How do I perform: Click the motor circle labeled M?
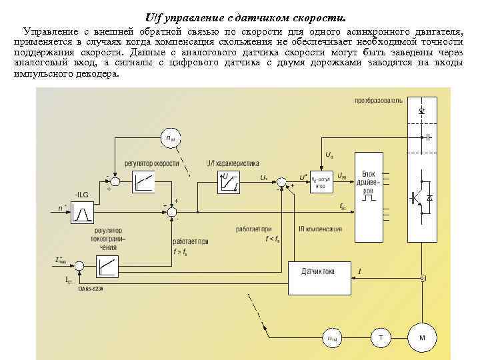[421, 338]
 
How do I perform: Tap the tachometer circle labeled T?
[381, 338]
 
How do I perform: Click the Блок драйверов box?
[368, 179]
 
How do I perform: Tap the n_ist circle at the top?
[171, 139]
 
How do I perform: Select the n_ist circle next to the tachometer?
[331, 338]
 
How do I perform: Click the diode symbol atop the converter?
[421, 110]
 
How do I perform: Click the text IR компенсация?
[321, 229]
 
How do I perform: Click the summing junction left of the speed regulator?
[114, 181]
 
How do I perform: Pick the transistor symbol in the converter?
[415, 198]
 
